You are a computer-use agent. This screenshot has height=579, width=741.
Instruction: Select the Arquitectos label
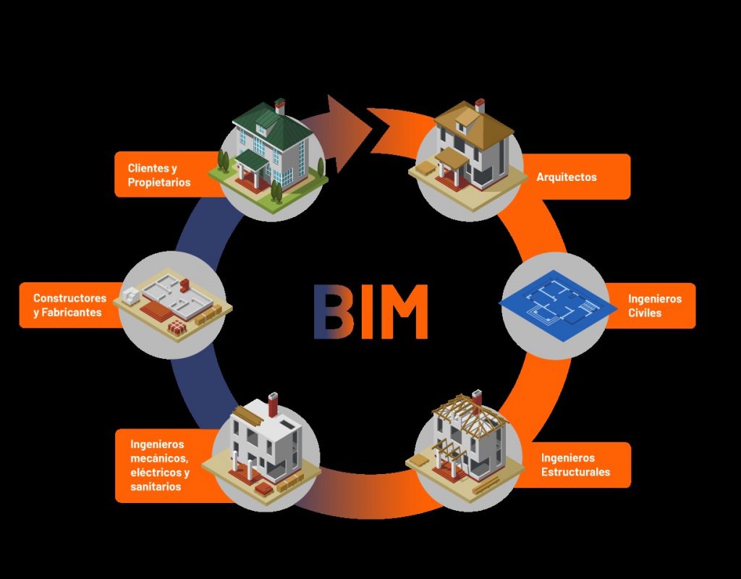click(x=567, y=177)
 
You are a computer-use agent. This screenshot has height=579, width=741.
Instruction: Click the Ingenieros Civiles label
click(x=654, y=305)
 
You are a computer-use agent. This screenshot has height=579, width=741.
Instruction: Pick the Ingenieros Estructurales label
click(x=575, y=465)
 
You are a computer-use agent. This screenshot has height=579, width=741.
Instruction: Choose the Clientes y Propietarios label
click(x=159, y=175)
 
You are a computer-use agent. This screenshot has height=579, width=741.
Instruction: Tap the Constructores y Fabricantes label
click(x=69, y=305)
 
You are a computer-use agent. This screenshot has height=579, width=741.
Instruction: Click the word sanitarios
click(x=156, y=487)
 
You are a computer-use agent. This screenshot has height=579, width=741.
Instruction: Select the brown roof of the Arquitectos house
click(x=474, y=123)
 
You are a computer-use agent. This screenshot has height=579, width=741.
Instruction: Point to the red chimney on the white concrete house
click(x=273, y=405)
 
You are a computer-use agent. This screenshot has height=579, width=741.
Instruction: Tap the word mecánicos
click(x=159, y=458)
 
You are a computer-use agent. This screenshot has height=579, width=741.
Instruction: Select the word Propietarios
click(x=159, y=182)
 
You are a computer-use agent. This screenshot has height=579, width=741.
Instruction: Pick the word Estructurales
click(x=575, y=472)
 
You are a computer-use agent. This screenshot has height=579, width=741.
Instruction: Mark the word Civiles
click(x=645, y=313)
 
